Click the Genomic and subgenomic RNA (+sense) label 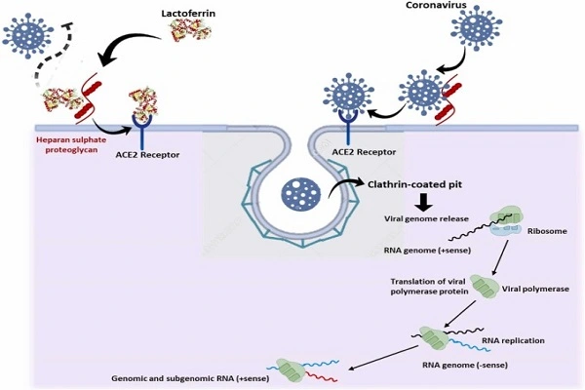[191, 378]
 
